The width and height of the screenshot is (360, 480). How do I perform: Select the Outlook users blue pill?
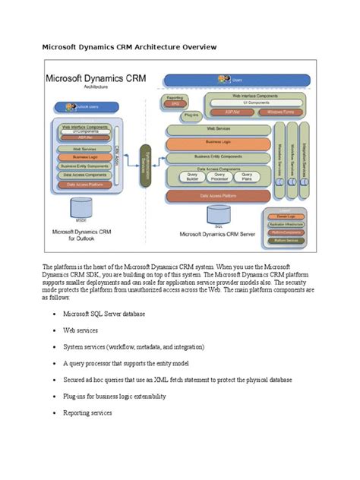coord(76,107)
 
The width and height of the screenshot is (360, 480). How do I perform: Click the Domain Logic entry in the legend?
coord(287,218)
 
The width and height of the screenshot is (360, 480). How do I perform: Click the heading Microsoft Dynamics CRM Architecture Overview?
coord(129,47)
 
